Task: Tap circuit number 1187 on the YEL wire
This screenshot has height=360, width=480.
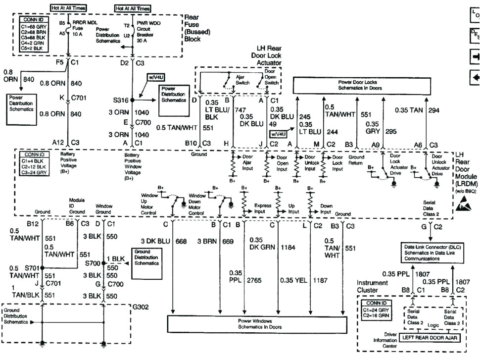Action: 320,280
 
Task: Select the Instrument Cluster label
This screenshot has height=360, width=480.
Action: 373,286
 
